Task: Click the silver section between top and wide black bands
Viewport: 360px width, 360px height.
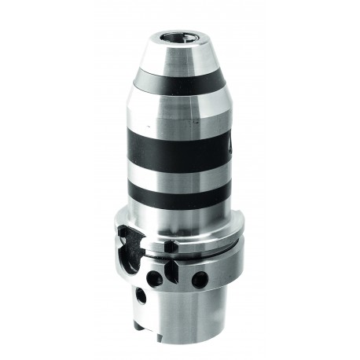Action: tap(180, 110)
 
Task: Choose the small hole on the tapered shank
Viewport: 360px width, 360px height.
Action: tap(141, 297)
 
